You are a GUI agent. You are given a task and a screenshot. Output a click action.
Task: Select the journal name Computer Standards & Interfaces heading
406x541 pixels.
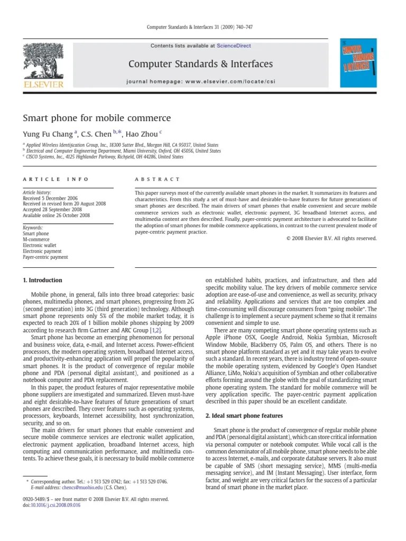coord(200,64)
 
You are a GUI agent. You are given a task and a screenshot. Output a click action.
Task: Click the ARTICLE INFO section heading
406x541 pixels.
coord(56,179)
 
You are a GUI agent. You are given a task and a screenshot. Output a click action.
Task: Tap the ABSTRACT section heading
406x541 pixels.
coord(158,179)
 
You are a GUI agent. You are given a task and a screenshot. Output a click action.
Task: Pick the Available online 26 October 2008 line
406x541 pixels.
coord(56,216)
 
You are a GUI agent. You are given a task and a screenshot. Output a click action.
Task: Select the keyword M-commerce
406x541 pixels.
coord(36,239)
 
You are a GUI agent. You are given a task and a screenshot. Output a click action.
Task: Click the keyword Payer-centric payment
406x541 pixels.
coord(45,257)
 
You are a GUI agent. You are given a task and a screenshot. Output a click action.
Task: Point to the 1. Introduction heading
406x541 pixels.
coord(42,280)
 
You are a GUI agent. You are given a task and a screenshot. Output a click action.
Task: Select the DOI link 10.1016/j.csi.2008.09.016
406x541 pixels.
coord(56,505)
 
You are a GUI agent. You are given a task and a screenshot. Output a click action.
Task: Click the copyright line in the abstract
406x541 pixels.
coord(331,238)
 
